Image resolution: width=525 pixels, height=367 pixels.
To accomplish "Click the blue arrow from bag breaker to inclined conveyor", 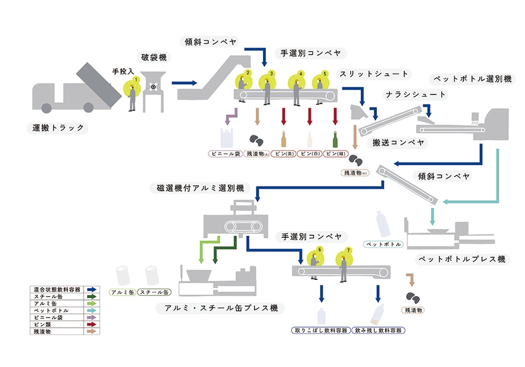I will click(184, 83).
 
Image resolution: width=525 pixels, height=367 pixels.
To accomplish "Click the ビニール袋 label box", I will click(225, 153).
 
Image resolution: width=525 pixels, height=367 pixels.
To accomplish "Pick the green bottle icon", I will click(336, 139).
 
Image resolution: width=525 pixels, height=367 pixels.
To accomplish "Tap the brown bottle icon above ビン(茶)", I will click(283, 139).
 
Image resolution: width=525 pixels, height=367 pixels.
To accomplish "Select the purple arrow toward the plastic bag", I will click(230, 116).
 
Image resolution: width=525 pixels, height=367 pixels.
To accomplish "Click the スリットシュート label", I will click(374, 74).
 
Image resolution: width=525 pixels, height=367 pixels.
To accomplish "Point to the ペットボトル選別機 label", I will click(471, 79).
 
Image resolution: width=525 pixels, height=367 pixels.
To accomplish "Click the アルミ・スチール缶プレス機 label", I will click(221, 308).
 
